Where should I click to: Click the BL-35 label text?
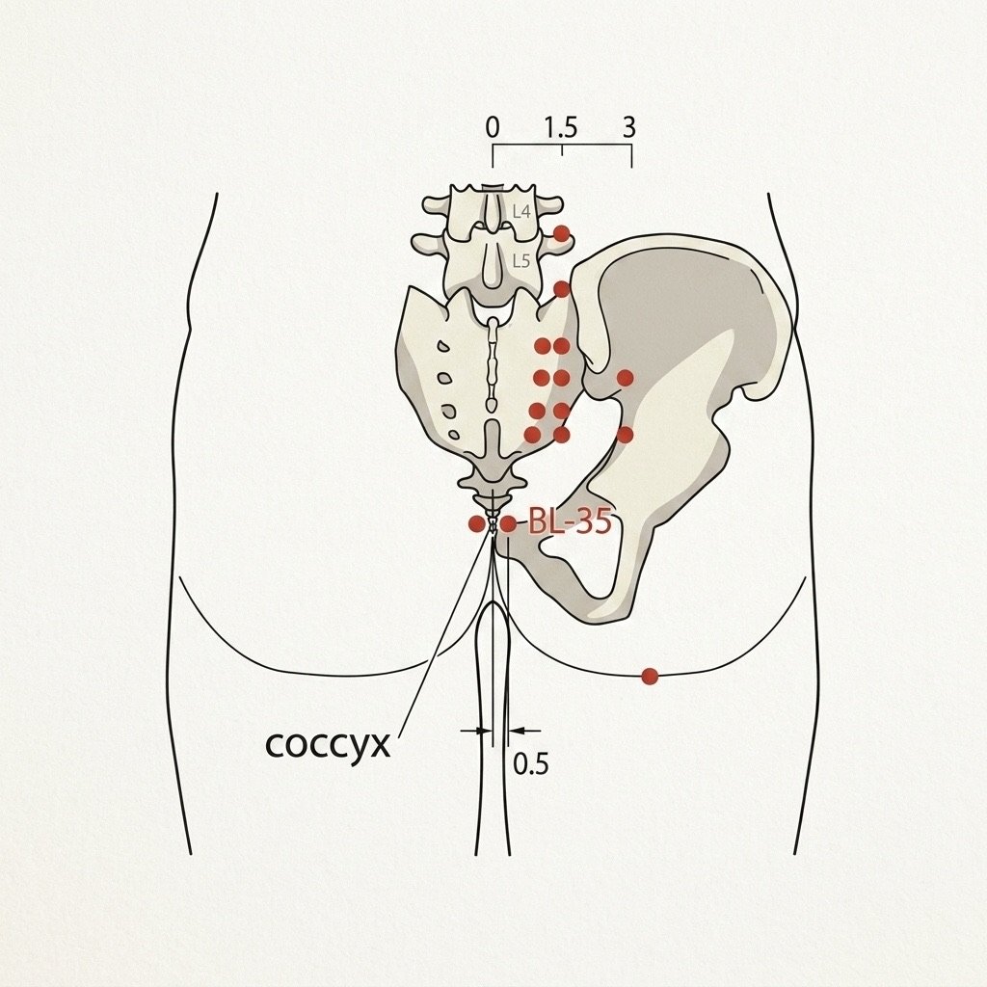(x=570, y=521)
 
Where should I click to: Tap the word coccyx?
(x=328, y=745)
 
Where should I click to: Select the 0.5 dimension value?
(x=531, y=763)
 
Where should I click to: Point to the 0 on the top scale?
(x=493, y=128)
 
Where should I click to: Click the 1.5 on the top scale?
(x=561, y=128)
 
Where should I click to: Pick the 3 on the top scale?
(x=629, y=128)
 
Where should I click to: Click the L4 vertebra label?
(x=521, y=211)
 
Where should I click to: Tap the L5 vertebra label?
(x=521, y=260)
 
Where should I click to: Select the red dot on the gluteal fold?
(x=650, y=676)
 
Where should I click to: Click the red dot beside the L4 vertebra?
(x=562, y=234)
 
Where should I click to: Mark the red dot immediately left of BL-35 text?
(x=508, y=523)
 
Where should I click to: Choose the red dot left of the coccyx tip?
(x=476, y=523)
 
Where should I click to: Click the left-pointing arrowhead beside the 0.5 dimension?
(x=516, y=731)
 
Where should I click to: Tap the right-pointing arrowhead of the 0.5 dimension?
(x=484, y=731)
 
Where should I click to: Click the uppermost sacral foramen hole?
(x=443, y=346)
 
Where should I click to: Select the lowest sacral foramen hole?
(x=454, y=434)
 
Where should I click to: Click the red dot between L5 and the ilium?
(x=562, y=289)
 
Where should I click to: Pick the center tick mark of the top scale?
(x=562, y=149)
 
